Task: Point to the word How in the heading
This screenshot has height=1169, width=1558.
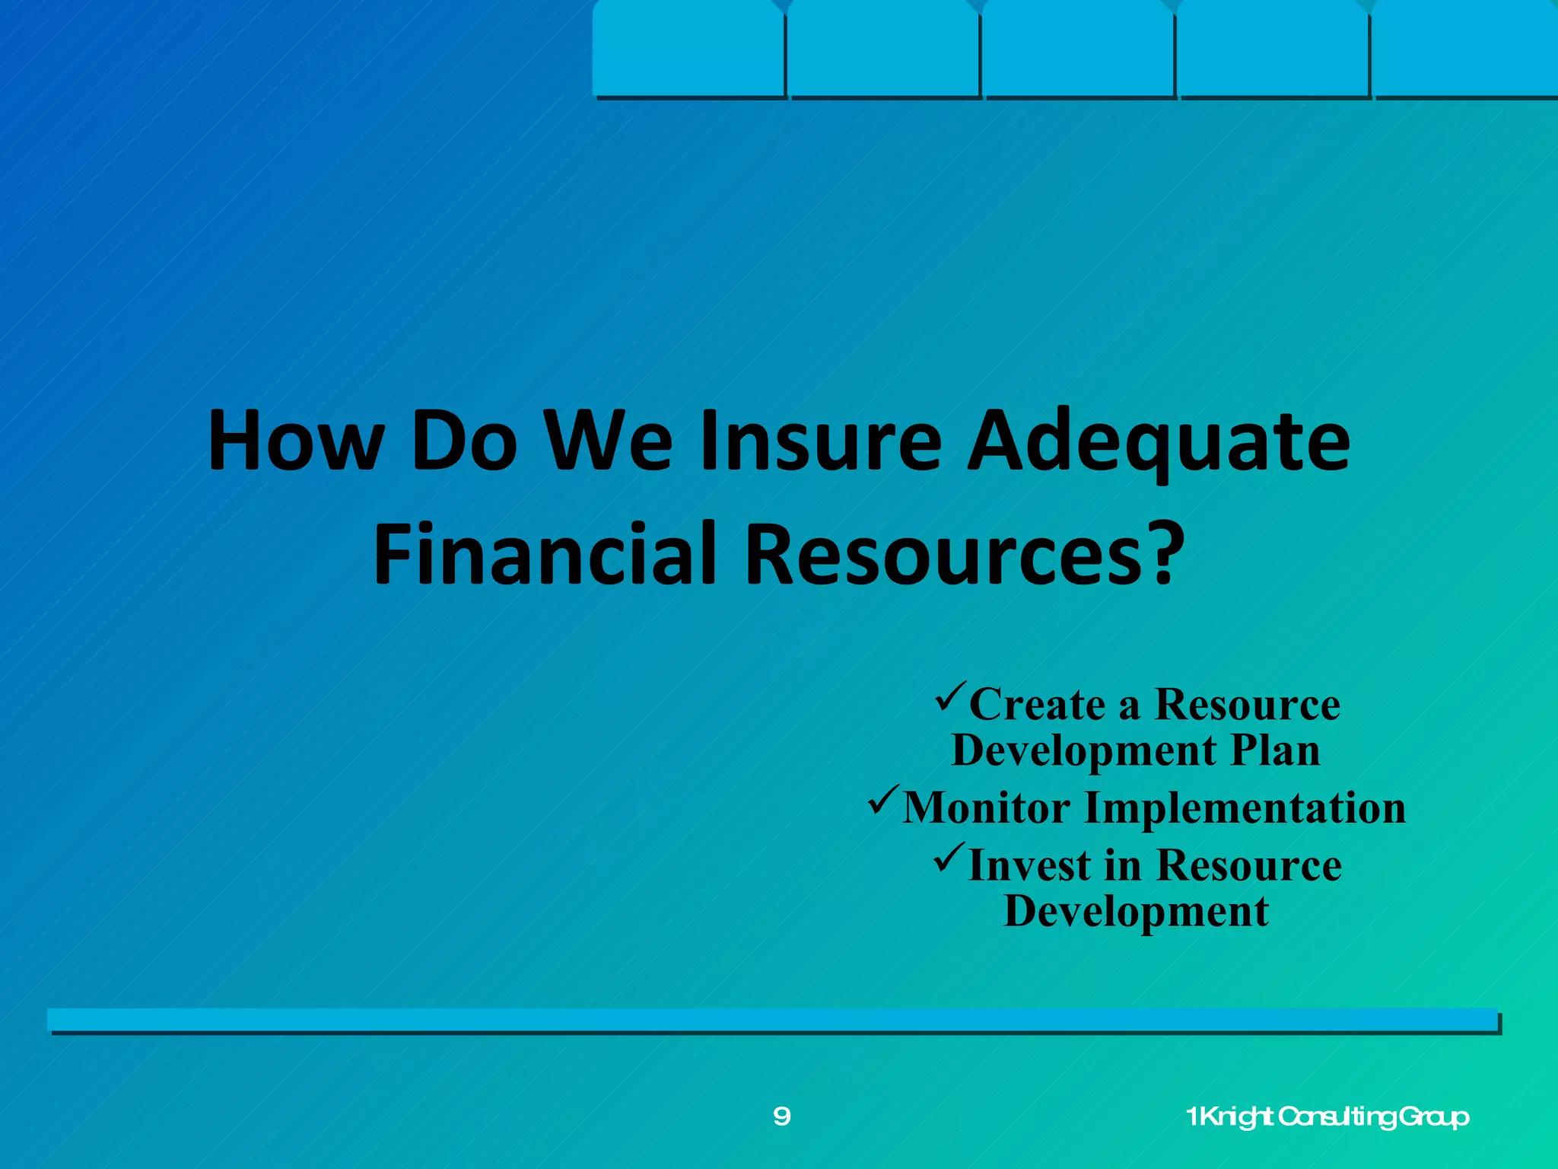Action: click(295, 441)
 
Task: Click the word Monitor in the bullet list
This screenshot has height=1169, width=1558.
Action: click(987, 807)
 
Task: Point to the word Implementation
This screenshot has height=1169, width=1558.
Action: click(1245, 807)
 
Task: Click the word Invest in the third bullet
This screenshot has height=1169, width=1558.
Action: click(1029, 866)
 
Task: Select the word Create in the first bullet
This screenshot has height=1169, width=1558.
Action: click(1037, 705)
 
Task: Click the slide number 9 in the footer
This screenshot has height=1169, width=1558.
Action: click(781, 1116)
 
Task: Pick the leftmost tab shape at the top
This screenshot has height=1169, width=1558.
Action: click(688, 49)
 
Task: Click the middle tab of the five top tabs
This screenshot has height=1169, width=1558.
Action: click(1077, 49)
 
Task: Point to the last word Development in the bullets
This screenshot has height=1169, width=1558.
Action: click(1136, 912)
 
